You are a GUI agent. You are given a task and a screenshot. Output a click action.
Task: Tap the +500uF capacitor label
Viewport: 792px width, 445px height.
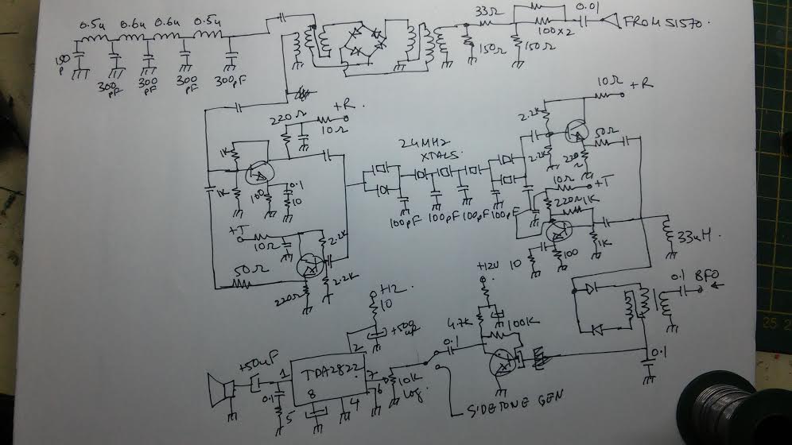(x=405, y=328)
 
